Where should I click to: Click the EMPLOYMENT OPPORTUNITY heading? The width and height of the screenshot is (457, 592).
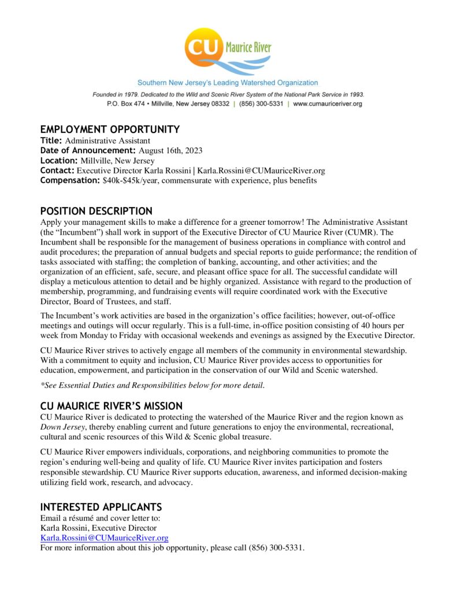tap(110, 129)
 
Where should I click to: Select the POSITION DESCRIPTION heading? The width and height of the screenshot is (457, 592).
tap(96, 211)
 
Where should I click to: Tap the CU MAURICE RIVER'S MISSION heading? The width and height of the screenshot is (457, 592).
tap(112, 406)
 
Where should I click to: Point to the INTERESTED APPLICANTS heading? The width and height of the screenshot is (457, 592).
tap(101, 507)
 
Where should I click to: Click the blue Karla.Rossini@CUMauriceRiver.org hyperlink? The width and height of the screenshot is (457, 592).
tap(104, 538)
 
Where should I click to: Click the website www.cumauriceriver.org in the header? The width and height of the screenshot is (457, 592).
tap(328, 103)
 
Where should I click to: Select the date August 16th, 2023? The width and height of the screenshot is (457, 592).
tap(170, 150)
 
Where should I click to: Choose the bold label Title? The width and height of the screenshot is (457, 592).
tap(51, 140)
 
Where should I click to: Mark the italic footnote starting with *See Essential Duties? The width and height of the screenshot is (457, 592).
tap(153, 386)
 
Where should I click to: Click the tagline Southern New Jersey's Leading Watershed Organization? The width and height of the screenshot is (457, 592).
tap(228, 83)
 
